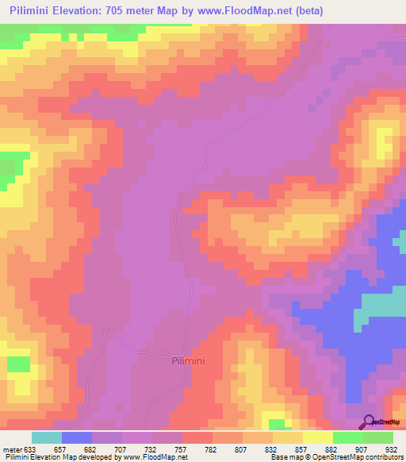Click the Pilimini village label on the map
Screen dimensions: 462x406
click(x=190, y=360)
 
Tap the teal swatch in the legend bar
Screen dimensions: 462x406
click(x=47, y=438)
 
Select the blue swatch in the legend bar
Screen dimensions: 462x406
click(x=77, y=438)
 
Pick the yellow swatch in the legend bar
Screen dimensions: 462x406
click(x=318, y=438)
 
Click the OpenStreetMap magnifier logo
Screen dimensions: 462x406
click(x=368, y=422)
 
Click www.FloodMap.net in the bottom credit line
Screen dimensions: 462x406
click(x=154, y=458)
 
